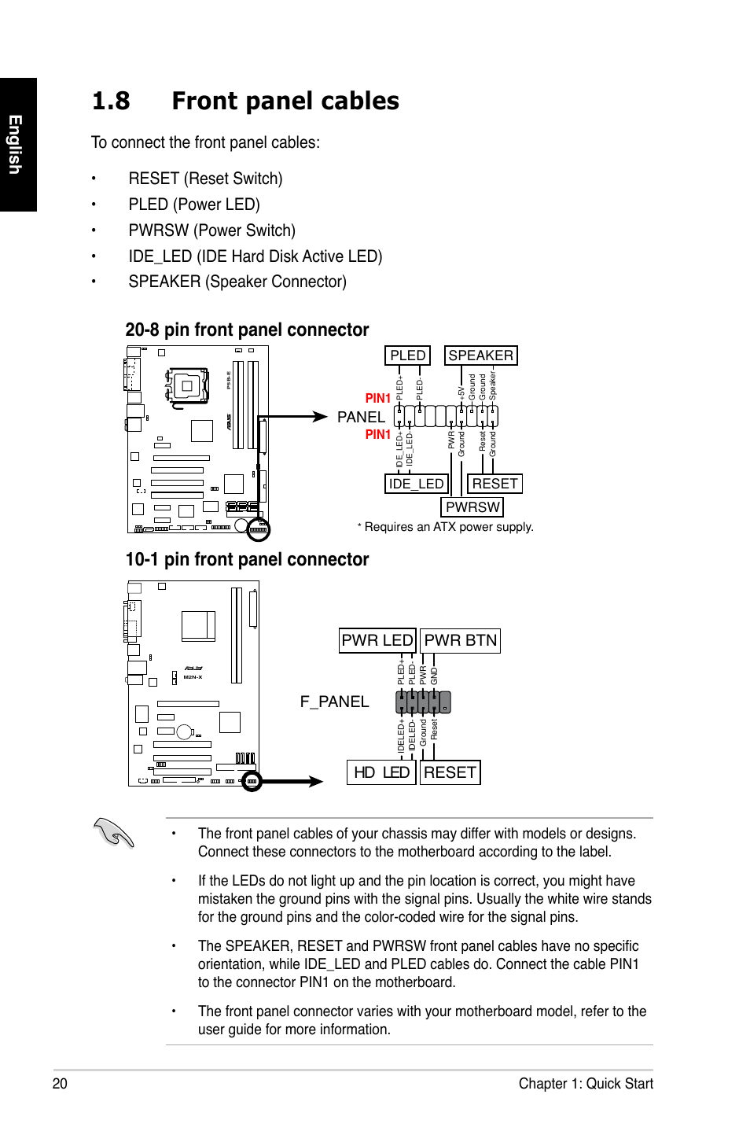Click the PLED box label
point(407,356)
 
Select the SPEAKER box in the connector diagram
point(480,356)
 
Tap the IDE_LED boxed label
point(416,484)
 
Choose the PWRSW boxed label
point(472,507)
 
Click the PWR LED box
point(377,640)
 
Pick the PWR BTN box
point(461,640)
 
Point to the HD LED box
point(381,772)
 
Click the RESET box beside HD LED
point(450,772)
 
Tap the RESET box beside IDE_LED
point(494,484)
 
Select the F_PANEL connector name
point(334,702)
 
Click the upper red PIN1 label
point(378,399)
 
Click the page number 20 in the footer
point(60,1083)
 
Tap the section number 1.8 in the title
point(111,101)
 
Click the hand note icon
point(113,832)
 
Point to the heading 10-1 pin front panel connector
point(247,559)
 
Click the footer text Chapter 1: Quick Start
point(586,1083)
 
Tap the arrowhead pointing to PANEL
point(318,417)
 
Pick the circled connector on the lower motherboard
point(252,781)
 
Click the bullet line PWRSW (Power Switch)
point(211,230)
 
